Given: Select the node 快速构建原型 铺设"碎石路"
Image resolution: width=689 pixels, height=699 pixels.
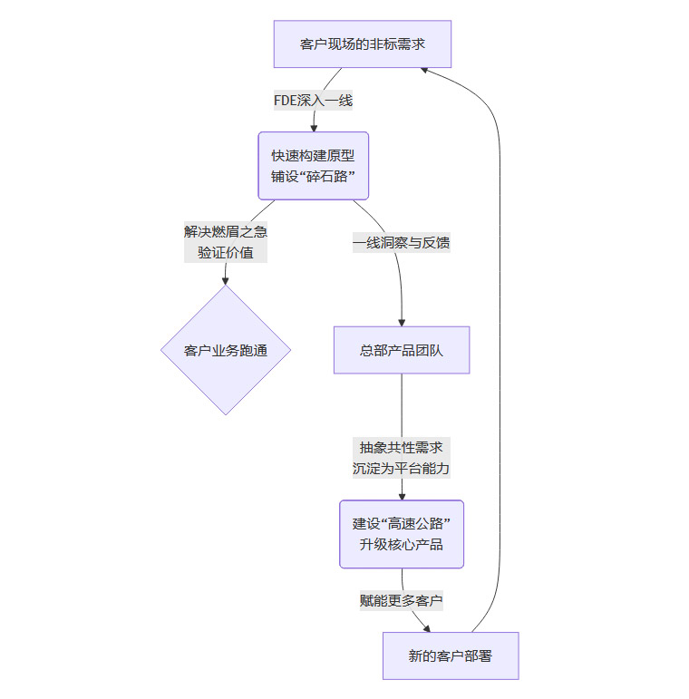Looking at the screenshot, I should (314, 166).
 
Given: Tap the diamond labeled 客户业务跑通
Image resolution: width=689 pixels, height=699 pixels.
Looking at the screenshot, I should (226, 350).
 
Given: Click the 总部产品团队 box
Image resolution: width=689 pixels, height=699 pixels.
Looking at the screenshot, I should (402, 350).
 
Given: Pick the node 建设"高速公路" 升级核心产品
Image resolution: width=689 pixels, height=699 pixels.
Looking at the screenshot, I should (402, 534).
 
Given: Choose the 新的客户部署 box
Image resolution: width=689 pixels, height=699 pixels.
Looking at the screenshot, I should (450, 655).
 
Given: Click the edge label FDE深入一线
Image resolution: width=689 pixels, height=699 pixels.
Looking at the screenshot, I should (313, 101).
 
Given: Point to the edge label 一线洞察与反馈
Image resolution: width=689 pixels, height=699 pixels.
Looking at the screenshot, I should (402, 242).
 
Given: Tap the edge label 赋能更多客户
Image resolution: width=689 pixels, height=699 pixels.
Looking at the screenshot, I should (402, 600).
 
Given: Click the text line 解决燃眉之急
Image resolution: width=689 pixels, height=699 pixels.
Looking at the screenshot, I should (226, 230).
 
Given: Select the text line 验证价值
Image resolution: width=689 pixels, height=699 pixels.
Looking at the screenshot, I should (226, 253).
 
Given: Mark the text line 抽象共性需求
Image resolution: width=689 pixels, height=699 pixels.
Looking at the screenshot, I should (402, 447).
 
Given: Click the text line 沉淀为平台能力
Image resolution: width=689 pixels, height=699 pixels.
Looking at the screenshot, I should (402, 470).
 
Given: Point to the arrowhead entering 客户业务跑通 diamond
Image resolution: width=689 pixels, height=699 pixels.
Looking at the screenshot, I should (226, 280).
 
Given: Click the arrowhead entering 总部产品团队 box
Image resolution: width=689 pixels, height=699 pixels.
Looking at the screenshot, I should (402, 321).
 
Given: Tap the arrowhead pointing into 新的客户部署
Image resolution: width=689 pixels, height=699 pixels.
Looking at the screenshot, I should (425, 627).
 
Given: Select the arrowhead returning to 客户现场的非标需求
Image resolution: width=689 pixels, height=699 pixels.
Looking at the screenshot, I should (428, 70).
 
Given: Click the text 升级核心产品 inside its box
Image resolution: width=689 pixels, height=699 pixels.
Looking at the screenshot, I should (402, 546).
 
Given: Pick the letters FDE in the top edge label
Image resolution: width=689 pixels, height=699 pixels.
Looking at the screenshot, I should (286, 101).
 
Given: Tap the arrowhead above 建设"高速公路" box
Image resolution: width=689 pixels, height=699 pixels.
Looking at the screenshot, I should (402, 495).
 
